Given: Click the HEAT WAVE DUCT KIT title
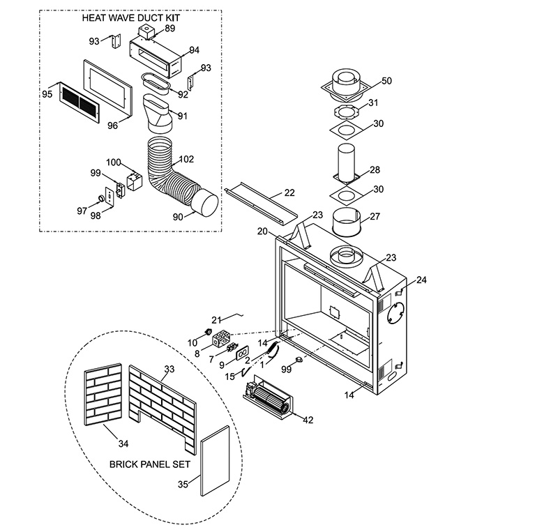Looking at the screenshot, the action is coord(131,18).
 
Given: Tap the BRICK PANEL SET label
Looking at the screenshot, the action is coord(150,464).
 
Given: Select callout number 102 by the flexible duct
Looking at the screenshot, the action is coord(186,159).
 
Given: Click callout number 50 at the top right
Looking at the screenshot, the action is coord(386,81).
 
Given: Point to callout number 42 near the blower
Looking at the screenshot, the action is coord(308,420).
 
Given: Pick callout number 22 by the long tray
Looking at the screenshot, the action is coord(289,192).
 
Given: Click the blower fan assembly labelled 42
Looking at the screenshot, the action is coord(267,396).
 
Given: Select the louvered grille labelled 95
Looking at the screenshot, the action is coord(79,102).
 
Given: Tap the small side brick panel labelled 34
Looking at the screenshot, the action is coord(103,395).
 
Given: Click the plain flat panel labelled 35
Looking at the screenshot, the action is coord(215,461).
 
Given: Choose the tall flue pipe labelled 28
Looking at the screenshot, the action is coord(346,164).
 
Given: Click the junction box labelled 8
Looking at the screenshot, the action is coord(222,337).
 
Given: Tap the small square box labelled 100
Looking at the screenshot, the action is coord(135,181).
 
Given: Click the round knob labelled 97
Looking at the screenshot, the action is coord(102,199).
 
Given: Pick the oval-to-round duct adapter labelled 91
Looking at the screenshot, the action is coord(158,114).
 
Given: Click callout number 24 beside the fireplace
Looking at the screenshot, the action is coord(421,280).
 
